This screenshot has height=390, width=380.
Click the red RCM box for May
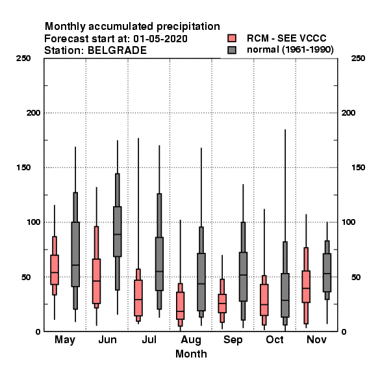(x=55, y=270)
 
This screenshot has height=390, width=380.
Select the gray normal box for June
(x=118, y=231)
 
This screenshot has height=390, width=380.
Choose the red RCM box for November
(x=306, y=287)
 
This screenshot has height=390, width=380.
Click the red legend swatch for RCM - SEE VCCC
(x=232, y=38)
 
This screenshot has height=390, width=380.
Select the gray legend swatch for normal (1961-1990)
(x=232, y=50)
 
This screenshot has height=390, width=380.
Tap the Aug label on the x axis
(x=191, y=340)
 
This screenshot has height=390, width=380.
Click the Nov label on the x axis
(x=316, y=339)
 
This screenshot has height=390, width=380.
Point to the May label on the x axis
(x=65, y=340)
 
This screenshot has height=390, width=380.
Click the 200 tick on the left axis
(x=33, y=113)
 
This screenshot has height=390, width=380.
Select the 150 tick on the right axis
(x=358, y=168)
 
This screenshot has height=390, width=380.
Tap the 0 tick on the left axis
(x=38, y=331)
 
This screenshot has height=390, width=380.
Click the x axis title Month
(x=191, y=354)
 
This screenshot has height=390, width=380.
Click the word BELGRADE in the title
(x=117, y=51)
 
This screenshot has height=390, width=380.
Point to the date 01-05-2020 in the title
(x=160, y=39)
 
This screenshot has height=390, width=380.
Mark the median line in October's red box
(x=264, y=304)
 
